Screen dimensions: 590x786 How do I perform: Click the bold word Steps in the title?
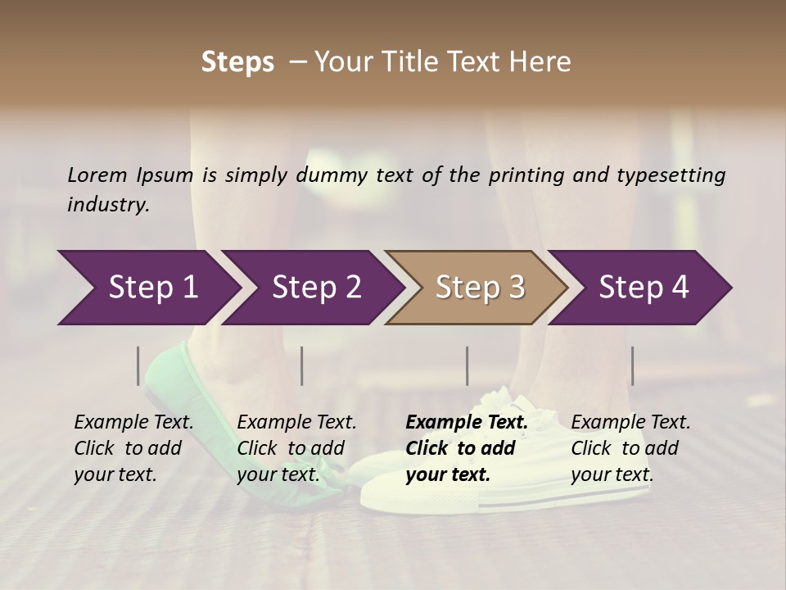click(237, 62)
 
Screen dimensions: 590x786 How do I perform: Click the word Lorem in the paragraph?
click(97, 175)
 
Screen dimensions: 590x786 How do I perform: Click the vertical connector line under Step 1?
click(138, 365)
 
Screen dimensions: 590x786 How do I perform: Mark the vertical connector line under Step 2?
click(302, 365)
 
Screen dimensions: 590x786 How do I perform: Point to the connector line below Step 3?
click(468, 365)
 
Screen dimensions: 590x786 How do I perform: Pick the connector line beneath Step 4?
click(632, 365)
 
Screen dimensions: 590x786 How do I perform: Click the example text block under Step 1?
click(133, 448)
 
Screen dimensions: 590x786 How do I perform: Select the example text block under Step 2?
click(296, 448)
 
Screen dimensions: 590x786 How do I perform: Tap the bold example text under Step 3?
click(466, 448)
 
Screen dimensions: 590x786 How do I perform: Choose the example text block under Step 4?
click(630, 448)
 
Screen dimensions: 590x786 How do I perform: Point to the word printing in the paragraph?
click(523, 175)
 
